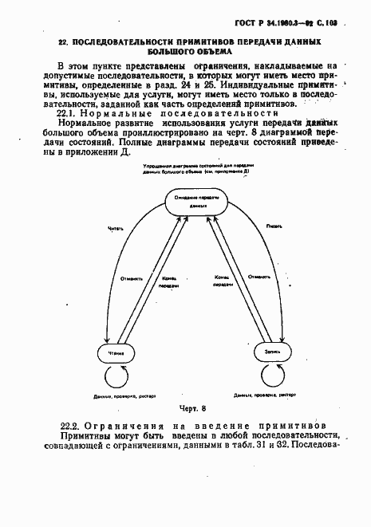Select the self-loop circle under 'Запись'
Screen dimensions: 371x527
(270, 375)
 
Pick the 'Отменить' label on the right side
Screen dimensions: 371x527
(257, 278)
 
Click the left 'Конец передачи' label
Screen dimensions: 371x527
(169, 281)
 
